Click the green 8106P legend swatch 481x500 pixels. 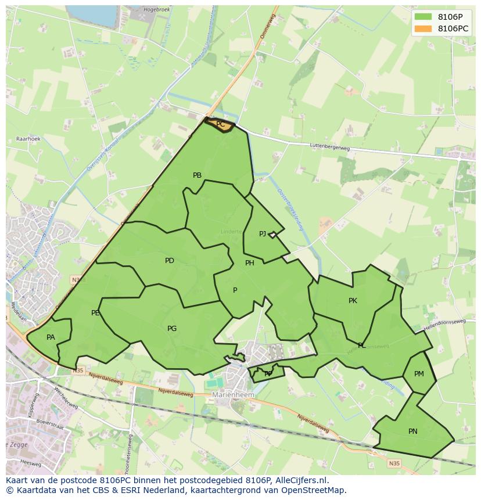point(423,16)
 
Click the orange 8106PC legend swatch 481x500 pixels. point(423,28)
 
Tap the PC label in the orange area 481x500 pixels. point(220,124)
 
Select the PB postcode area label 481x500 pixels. point(197,175)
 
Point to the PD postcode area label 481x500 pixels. point(169,261)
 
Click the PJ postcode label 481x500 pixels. point(263,234)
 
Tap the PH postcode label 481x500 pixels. point(249,263)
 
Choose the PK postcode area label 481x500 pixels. point(353,301)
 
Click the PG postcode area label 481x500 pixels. point(171,329)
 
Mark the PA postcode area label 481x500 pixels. point(51,337)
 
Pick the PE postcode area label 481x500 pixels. point(95,313)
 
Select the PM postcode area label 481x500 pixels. point(419,374)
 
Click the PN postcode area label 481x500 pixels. point(412,431)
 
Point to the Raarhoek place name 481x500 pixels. point(28,139)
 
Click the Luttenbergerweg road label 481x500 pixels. point(329,148)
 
